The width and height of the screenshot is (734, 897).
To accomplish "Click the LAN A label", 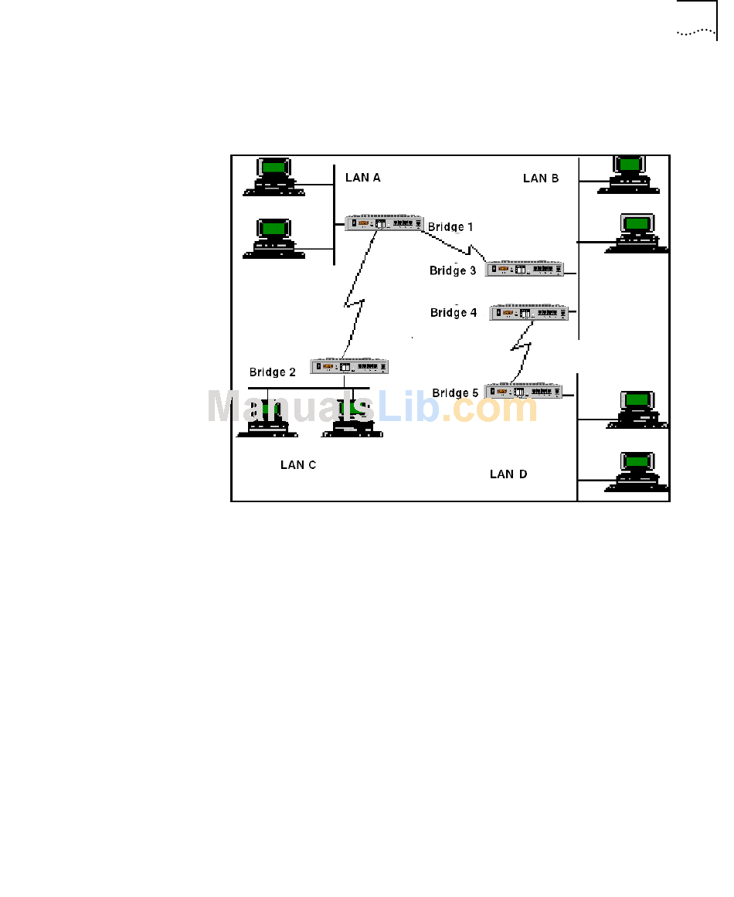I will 362,178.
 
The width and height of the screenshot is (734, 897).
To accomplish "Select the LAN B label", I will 540,178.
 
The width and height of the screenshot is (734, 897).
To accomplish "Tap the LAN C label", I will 297,465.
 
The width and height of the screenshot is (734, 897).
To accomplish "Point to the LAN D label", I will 508,474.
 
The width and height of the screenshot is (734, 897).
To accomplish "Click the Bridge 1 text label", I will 450,227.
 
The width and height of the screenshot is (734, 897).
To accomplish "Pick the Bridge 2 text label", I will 272,372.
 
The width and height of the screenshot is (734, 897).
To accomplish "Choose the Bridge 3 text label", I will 453,271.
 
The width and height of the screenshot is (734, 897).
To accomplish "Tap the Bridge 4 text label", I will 454,313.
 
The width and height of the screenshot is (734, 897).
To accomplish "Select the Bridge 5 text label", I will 455,393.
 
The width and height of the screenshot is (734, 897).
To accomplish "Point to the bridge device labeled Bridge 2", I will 349,366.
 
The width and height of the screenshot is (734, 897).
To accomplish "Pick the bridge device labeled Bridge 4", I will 529,312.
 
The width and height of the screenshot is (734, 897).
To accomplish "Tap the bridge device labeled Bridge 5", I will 523,392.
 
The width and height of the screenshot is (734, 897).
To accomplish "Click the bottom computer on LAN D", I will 637,471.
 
